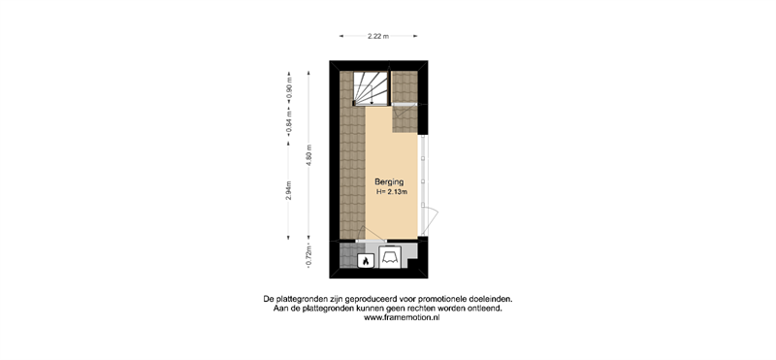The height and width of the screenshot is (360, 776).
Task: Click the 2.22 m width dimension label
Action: coord(378,36)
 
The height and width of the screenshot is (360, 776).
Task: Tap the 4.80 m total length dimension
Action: coord(309,154)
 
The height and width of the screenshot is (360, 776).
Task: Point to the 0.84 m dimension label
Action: coord(289,123)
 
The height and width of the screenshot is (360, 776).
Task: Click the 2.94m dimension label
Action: coord(288,191)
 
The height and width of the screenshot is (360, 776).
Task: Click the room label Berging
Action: coord(386,182)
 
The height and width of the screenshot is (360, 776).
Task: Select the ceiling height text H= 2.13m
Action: coord(392,193)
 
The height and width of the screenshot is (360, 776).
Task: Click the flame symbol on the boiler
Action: coord(366,261)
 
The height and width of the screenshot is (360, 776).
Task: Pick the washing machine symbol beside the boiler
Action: coord(390,256)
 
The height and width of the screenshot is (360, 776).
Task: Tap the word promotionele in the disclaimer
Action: coord(440,299)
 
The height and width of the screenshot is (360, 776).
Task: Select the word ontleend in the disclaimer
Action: coord(488,309)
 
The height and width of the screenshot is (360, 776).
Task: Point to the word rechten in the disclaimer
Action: coord(428,309)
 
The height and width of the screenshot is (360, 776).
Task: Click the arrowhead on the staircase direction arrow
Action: coord(372,101)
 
